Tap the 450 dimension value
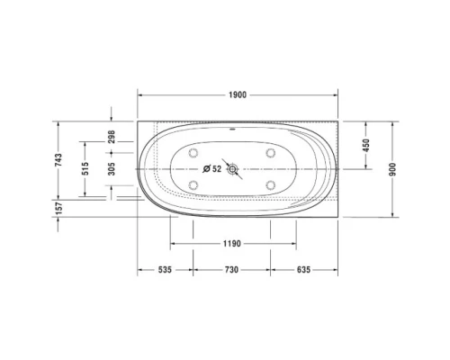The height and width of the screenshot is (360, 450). coord(365,144)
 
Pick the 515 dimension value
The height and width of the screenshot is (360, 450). coord(86,169)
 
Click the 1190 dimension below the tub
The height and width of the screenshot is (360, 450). coord(232,244)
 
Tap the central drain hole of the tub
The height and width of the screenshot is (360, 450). coord(234,168)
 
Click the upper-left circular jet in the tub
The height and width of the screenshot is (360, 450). coord(194,152)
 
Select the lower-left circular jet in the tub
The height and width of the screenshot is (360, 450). coord(194,184)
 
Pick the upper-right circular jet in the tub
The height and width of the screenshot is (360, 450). coord(270,152)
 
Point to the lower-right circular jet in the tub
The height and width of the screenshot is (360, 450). coord(270,184)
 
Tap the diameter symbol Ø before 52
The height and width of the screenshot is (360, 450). coord(206,168)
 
